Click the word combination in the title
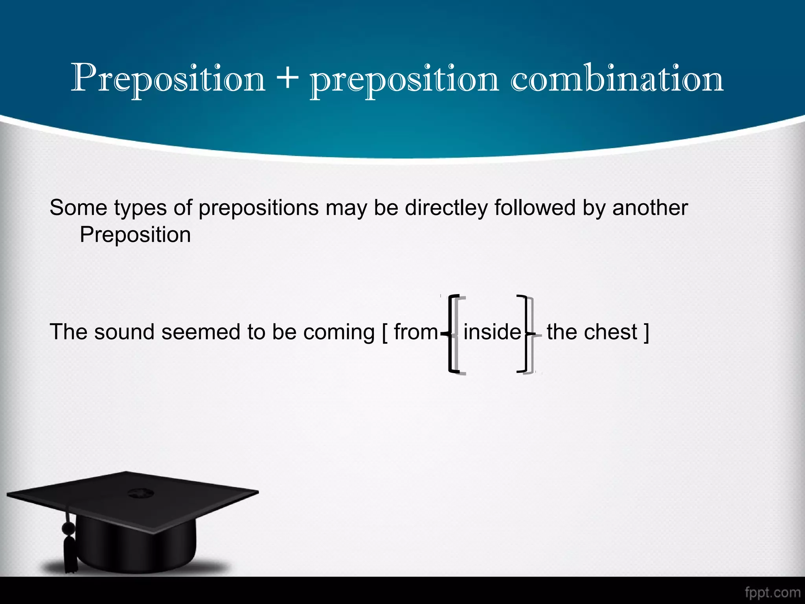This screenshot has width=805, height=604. coord(617,78)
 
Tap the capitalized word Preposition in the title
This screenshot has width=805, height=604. coord(168,78)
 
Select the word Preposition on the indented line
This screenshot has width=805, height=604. coord(135,235)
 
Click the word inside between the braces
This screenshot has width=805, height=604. coord(492,332)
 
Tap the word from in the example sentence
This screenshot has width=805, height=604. coord(415,332)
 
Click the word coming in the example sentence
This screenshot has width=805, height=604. coord(339,332)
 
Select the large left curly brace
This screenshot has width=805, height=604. coord(452,333)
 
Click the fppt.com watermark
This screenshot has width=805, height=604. coord(772,592)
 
